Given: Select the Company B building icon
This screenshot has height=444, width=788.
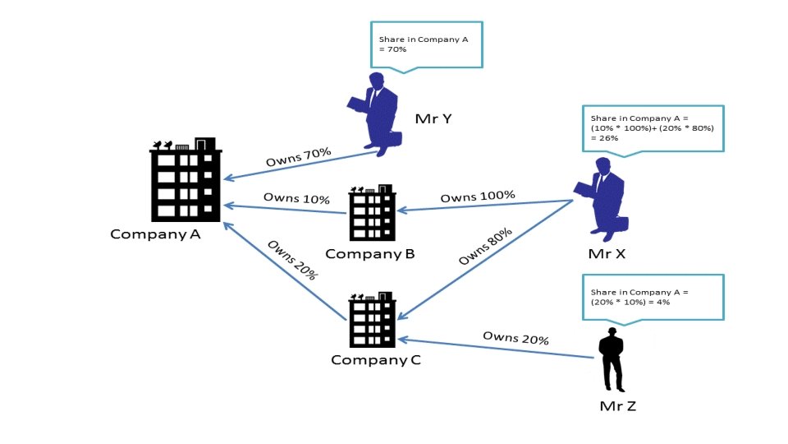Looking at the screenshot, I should [371, 215].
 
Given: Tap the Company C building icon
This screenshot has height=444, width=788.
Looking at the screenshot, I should [372, 321].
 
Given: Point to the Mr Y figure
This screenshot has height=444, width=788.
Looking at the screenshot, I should [374, 113].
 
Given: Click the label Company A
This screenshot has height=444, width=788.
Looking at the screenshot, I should [155, 234].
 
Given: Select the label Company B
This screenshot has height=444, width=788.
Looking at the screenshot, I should [369, 253].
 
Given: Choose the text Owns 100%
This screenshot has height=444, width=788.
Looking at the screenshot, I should [478, 197].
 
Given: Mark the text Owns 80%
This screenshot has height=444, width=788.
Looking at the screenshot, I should [486, 247].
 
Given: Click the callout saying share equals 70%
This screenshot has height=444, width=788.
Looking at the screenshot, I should [426, 44].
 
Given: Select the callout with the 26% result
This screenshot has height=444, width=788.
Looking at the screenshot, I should [653, 128].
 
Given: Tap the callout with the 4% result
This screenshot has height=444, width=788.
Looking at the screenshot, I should [653, 297].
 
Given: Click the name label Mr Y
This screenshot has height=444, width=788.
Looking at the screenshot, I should [433, 118].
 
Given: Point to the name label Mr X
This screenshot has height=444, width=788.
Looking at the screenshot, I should [607, 253].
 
